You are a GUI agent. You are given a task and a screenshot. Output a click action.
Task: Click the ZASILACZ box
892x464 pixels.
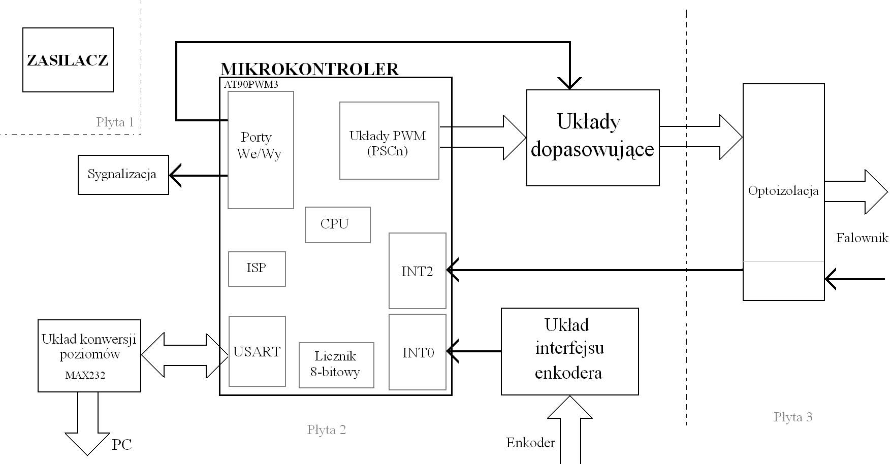pos(68,60)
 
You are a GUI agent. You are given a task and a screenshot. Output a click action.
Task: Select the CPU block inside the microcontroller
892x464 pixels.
pos(337,224)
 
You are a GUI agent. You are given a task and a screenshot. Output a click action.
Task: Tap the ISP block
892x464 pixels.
pos(257,269)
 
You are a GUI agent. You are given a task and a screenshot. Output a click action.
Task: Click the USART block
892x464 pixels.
pos(257,351)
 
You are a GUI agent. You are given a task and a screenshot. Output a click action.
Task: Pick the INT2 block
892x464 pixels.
pos(417,271)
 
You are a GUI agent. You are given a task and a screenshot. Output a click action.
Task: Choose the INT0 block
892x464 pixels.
pos(417,352)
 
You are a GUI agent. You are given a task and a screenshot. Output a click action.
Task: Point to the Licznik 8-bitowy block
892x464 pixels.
pos(336,364)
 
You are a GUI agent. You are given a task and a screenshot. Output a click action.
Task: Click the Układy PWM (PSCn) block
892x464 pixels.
pos(389,141)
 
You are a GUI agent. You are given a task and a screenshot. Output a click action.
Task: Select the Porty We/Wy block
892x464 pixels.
pos(260,150)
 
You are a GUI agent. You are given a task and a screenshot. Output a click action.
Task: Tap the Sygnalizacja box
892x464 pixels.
pos(123,175)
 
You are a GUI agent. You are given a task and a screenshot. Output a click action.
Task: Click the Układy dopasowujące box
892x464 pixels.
pos(592,137)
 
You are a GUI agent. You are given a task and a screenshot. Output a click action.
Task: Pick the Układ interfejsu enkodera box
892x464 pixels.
pos(569,351)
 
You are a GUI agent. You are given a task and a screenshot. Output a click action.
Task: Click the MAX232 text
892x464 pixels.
pos(85,376)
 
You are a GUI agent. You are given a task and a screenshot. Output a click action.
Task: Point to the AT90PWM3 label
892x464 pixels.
pos(251,85)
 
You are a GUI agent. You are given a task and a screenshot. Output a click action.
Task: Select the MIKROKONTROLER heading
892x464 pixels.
pos(309,69)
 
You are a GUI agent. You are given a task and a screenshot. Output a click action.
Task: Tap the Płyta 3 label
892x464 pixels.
pos(792,417)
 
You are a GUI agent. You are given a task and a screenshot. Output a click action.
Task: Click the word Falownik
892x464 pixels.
pos(862,238)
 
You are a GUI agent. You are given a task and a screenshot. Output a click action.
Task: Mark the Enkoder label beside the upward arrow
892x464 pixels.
pos(530,443)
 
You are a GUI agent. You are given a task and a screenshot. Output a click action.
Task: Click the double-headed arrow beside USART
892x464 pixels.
pos(184,355)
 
